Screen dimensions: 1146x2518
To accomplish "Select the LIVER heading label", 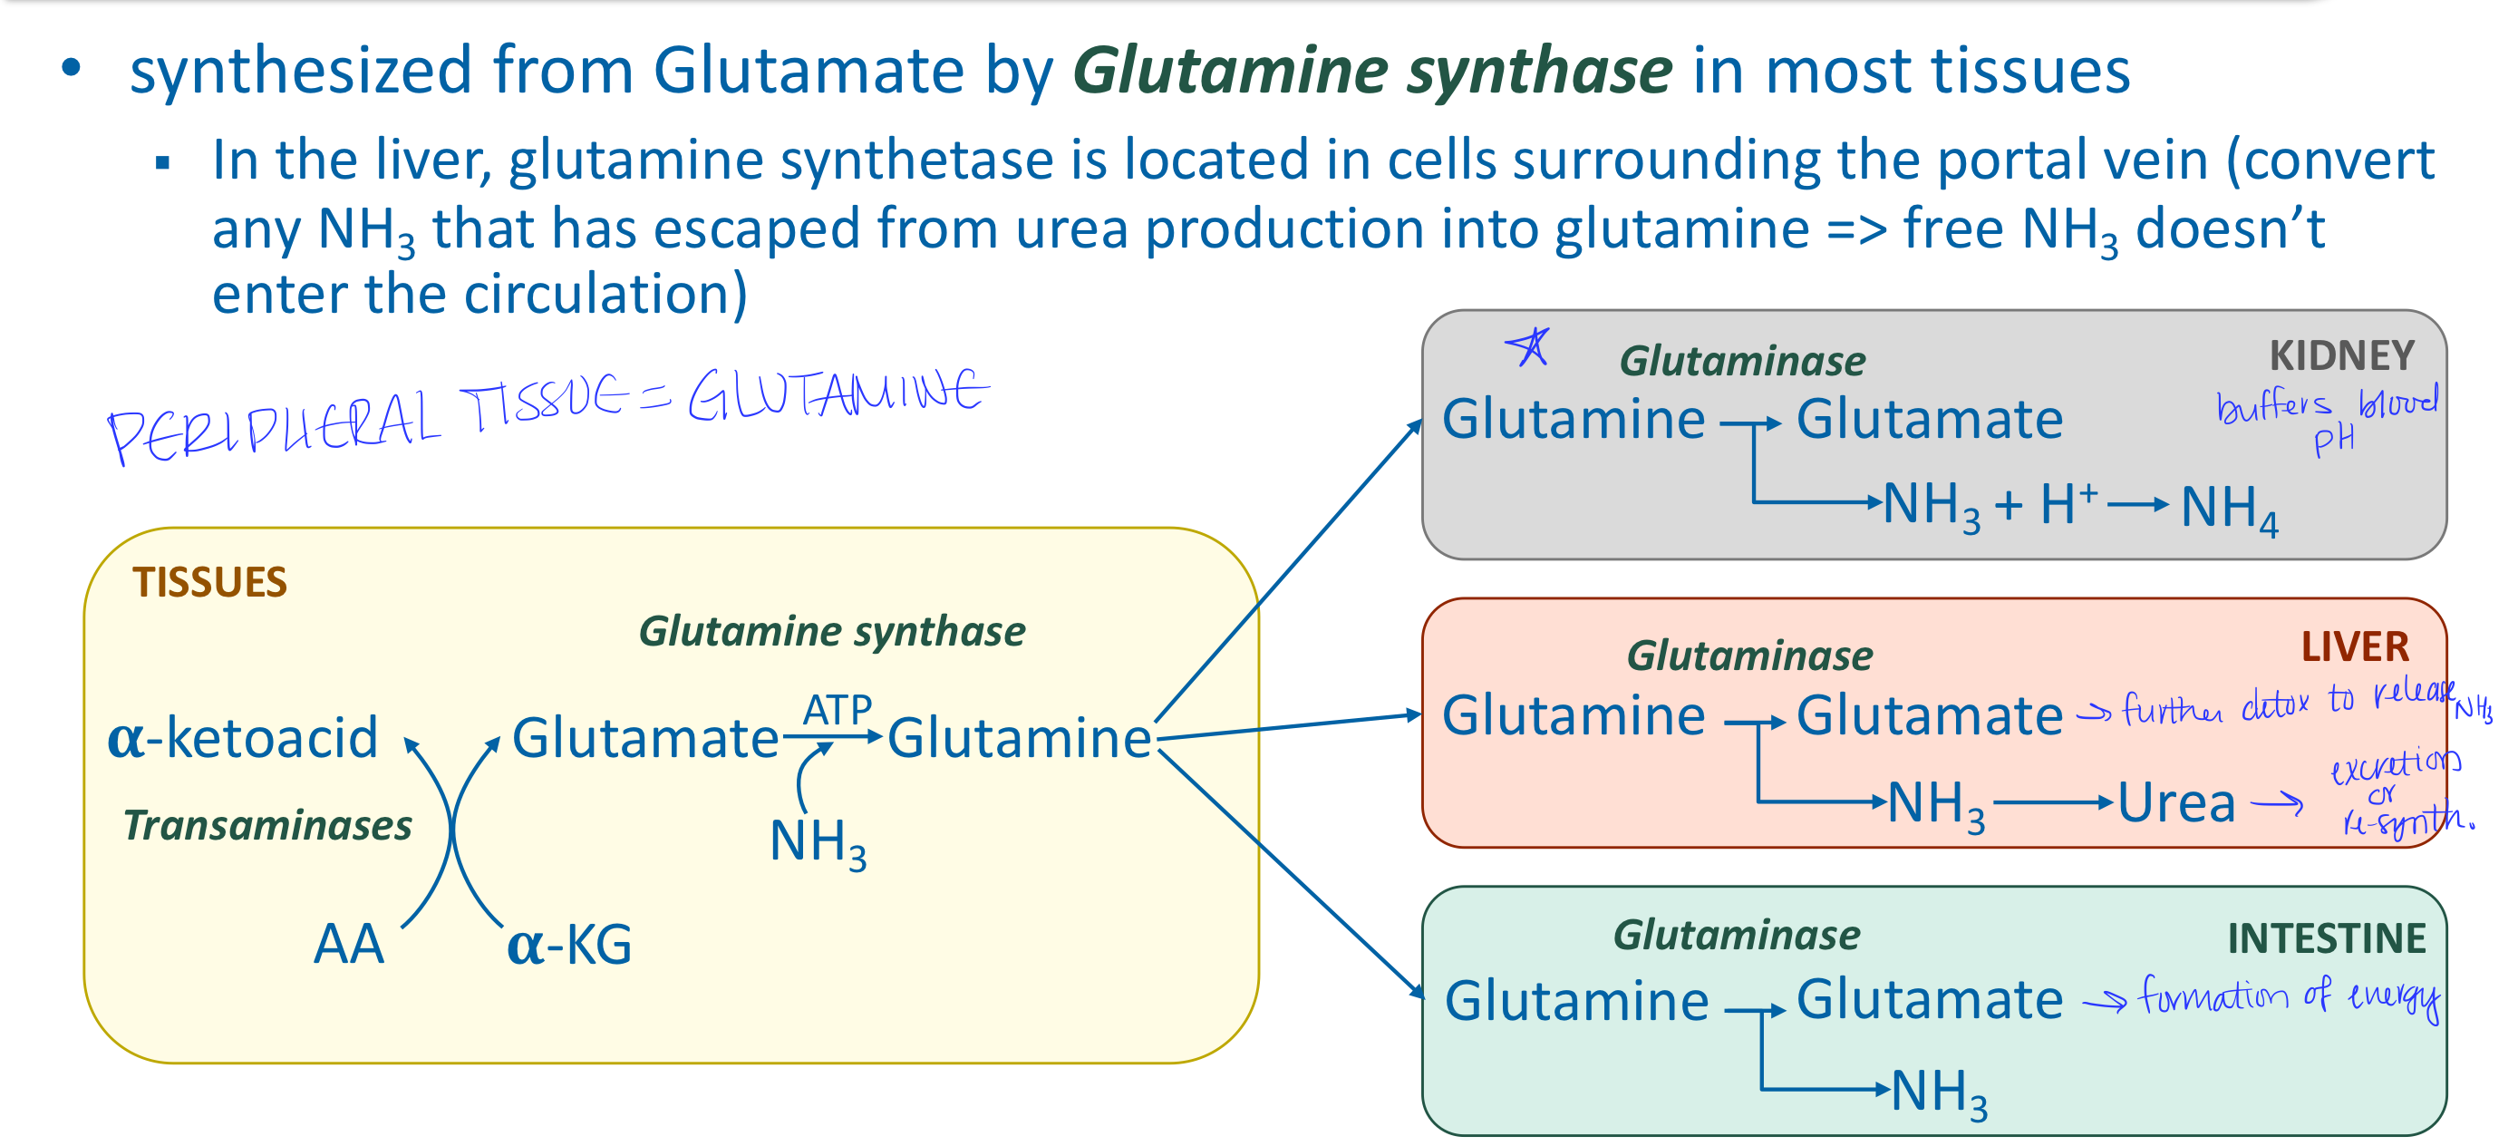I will tap(2354, 646).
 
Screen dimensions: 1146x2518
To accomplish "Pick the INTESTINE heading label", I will tap(2326, 938).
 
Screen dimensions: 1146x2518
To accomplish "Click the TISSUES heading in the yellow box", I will tap(209, 582).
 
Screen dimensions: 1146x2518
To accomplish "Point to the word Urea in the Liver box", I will tap(2176, 804).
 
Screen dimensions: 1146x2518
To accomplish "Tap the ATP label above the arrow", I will tap(837, 709).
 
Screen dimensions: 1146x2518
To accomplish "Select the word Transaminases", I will tap(266, 825).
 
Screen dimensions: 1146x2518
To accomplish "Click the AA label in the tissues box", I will tap(349, 945).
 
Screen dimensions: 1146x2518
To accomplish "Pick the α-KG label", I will tap(570, 945).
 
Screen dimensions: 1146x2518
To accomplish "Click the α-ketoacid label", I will tap(242, 737).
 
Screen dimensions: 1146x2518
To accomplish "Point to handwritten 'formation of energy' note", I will tap(2287, 997).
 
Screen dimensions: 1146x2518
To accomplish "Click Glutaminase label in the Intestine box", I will tap(1736, 935).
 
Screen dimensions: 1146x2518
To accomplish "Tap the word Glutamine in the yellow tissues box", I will tap(1019, 737).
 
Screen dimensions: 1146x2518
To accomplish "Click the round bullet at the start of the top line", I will tap(71, 68).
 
